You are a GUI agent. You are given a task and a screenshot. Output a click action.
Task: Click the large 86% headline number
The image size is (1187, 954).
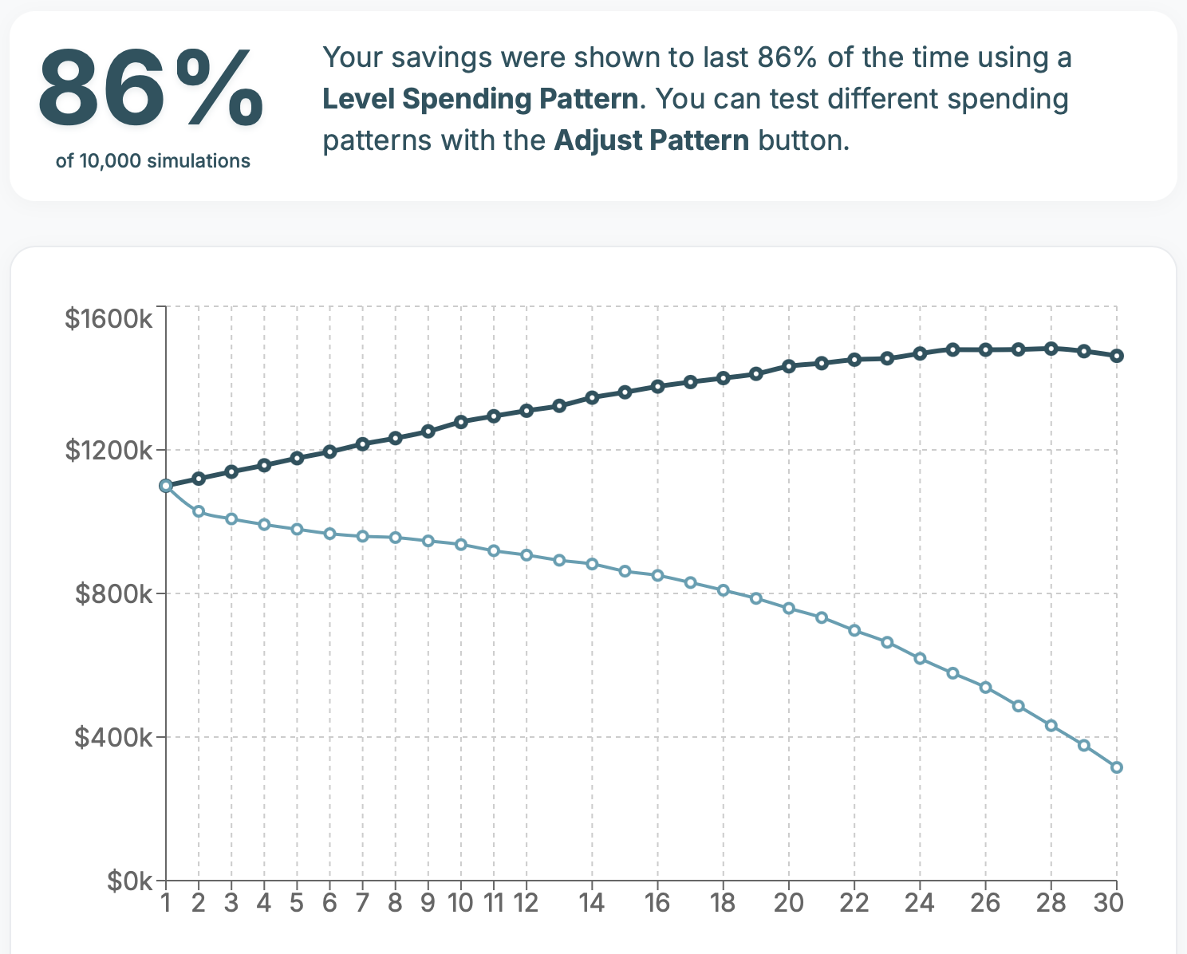151,90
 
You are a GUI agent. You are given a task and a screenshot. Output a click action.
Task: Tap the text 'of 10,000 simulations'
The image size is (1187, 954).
153,161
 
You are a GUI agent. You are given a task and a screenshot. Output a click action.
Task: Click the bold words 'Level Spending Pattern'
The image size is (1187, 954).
481,99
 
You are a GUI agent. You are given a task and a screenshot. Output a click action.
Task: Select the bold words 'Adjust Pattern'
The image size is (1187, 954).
651,140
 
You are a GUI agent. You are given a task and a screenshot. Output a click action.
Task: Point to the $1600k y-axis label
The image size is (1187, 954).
108,319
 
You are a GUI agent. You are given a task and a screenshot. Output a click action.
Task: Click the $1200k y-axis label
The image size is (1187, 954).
108,451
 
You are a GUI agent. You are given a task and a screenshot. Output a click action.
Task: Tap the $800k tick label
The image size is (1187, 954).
113,594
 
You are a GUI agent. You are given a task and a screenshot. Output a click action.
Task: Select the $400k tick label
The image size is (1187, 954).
113,738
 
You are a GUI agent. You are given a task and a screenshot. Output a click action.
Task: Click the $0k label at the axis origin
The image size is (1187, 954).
129,881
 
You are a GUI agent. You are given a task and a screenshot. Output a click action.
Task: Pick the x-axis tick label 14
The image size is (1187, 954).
591,903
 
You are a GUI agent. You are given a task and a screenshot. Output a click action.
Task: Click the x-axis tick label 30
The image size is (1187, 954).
1109,903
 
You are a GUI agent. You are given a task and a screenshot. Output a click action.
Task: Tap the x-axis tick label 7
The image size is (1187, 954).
362,903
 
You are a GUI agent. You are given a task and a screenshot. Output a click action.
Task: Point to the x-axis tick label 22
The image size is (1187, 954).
854,903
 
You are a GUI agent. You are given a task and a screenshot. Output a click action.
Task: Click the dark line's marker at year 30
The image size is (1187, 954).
1117,356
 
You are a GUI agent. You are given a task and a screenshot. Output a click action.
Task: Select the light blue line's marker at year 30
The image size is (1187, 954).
1117,767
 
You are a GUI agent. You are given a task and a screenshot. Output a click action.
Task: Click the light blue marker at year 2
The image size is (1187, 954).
199,511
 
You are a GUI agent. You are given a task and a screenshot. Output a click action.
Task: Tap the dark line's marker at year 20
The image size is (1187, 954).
789,366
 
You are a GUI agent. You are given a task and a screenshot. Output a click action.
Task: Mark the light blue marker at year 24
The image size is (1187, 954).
920,659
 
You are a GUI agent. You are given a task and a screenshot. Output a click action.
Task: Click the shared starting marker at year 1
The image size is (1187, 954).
166,486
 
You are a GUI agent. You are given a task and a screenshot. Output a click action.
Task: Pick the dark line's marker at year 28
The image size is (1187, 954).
1051,349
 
